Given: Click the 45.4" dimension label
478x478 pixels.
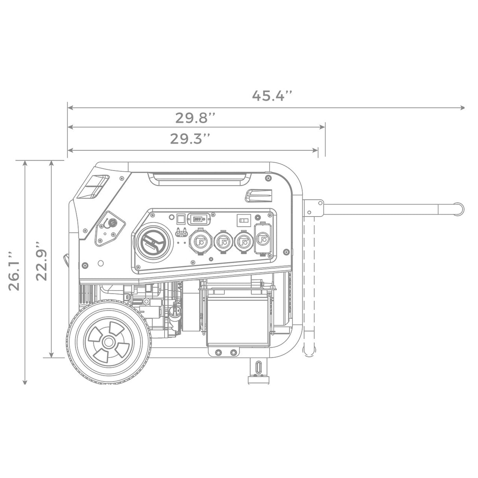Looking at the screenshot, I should pos(272,96).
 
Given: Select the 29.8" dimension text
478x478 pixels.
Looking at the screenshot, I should pos(196,117).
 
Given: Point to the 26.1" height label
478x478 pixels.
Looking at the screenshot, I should pos(15,271).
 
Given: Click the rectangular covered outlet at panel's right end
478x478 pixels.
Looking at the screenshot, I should pos(263,239).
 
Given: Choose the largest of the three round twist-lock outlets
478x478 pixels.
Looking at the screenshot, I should pos(201,243).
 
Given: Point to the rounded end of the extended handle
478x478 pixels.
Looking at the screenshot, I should pos(458,208).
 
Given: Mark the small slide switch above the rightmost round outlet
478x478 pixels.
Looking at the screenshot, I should pos(242,220).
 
